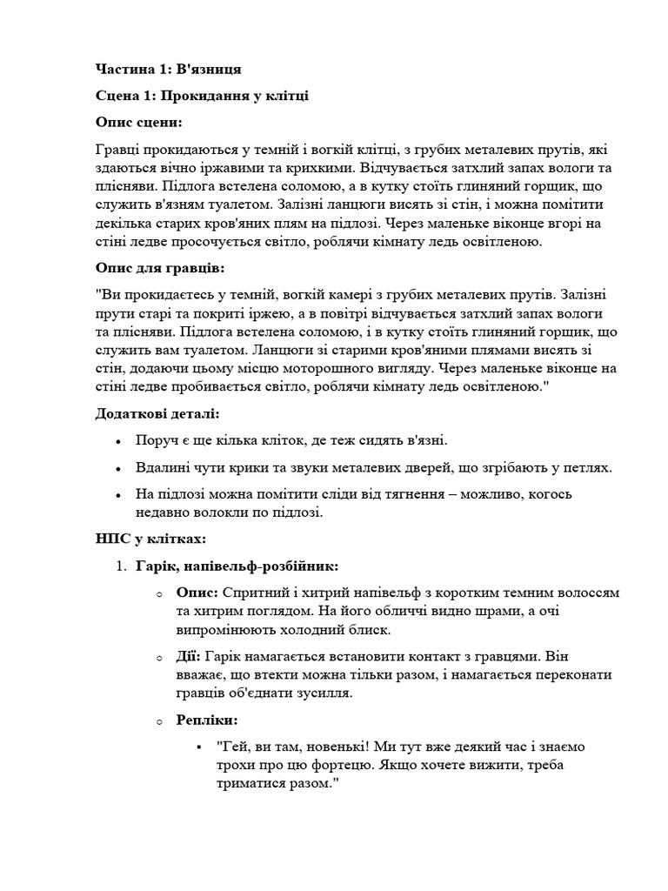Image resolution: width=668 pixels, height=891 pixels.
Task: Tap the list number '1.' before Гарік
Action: pyautogui.click(x=123, y=567)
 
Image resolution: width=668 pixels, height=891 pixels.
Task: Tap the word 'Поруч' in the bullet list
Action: pyautogui.click(x=155, y=439)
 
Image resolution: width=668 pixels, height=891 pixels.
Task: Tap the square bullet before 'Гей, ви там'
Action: pyautogui.click(x=200, y=747)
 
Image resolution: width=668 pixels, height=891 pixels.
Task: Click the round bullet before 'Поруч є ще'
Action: pyautogui.click(x=118, y=440)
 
